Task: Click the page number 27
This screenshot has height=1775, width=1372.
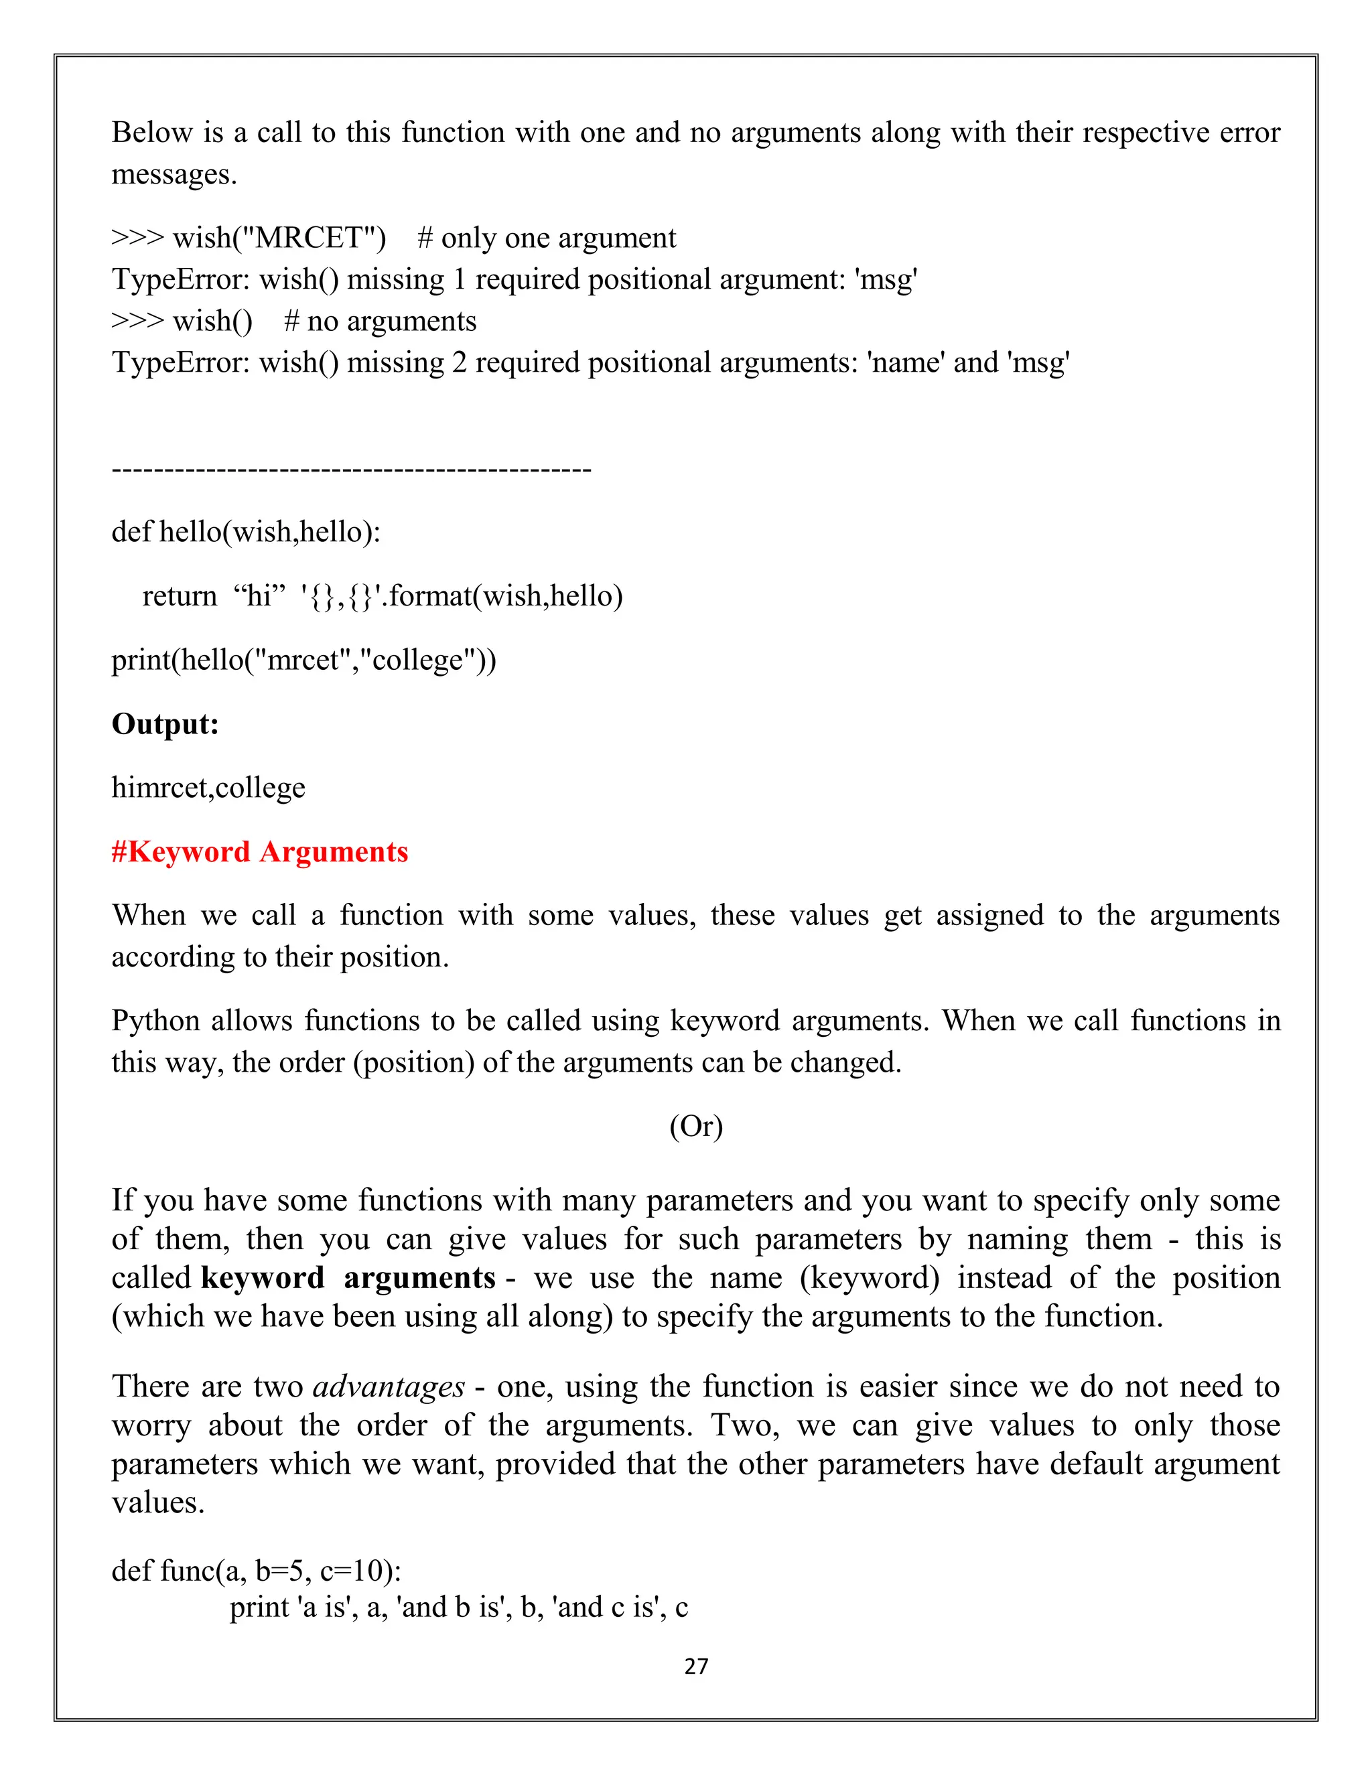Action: pyautogui.click(x=696, y=1666)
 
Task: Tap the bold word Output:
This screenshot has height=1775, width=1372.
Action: pyautogui.click(x=165, y=723)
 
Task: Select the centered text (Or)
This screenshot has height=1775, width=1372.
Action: pyautogui.click(x=696, y=1126)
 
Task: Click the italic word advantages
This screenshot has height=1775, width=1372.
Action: pyautogui.click(x=389, y=1387)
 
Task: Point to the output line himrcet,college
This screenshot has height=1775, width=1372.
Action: pyautogui.click(x=208, y=788)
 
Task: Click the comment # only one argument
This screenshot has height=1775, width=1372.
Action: pyautogui.click(x=546, y=237)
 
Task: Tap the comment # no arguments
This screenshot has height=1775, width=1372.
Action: pyautogui.click(x=380, y=321)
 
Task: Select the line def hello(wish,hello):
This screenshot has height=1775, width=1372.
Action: pyautogui.click(x=245, y=532)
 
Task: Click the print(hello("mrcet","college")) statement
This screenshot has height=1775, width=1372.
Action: pyautogui.click(x=303, y=659)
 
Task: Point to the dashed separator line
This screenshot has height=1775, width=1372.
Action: pyautogui.click(x=351, y=469)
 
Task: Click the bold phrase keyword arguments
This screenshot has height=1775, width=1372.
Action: pyautogui.click(x=347, y=1277)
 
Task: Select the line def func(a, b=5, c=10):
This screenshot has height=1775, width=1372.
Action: pyautogui.click(x=256, y=1571)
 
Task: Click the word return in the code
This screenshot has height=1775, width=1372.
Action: pyautogui.click(x=179, y=595)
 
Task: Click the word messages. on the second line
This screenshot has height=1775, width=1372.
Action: pyautogui.click(x=174, y=174)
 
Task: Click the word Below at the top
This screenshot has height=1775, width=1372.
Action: pyautogui.click(x=151, y=133)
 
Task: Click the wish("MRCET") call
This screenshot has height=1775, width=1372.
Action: pyautogui.click(x=279, y=237)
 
